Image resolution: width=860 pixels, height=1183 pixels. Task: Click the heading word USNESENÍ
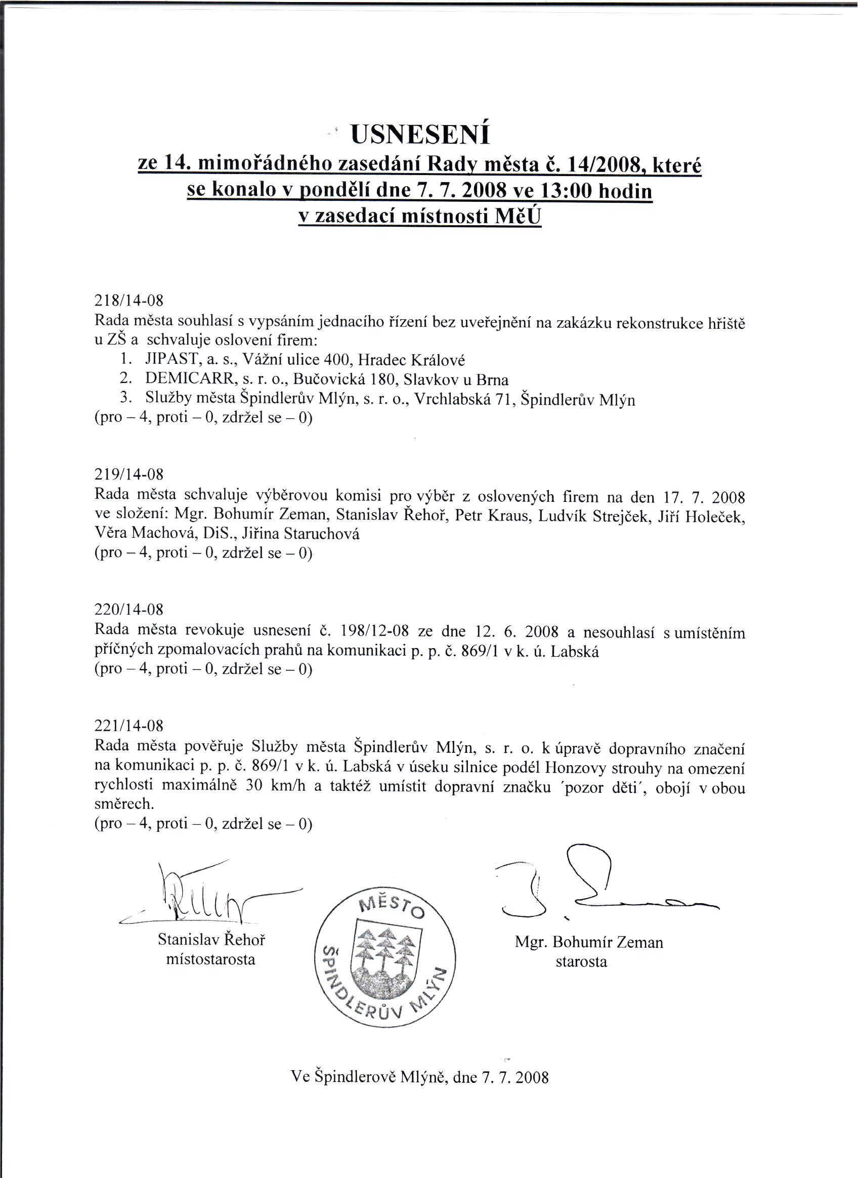420,135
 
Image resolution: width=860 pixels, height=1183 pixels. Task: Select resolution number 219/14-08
129,474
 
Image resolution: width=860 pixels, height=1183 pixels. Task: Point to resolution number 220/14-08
129,609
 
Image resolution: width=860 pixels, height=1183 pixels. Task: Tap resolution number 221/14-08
129,726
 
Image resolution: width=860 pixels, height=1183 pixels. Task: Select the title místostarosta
210,959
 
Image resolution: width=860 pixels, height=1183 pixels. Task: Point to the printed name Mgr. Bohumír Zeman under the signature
589,942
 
